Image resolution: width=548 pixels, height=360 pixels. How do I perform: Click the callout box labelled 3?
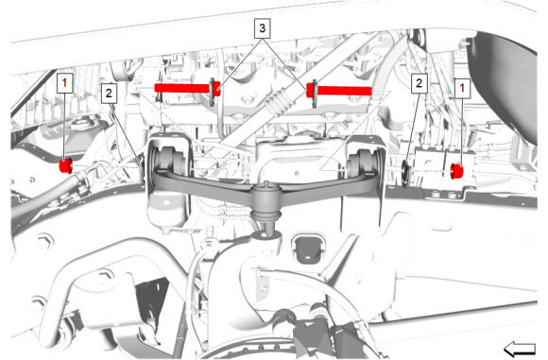262,28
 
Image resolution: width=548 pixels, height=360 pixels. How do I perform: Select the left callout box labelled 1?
64,83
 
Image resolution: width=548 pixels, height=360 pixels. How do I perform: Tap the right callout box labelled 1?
462,88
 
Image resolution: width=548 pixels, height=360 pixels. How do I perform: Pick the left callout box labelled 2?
109,94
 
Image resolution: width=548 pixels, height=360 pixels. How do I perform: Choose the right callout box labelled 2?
419,83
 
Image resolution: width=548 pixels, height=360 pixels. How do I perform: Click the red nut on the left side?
66,165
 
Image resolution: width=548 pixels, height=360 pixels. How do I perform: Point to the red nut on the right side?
456,171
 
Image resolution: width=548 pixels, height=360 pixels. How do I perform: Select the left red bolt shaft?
187,88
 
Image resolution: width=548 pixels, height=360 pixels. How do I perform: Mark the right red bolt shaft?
339,91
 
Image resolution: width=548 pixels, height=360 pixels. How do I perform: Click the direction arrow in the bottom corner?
520,349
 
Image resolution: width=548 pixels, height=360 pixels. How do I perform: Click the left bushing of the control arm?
170,160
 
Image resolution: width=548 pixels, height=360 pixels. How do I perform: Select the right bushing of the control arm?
364,162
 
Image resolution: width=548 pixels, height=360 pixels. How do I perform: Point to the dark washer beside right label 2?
405,173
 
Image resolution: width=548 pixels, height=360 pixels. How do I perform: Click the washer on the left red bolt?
213,92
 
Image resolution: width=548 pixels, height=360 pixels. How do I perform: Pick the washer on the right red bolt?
315,94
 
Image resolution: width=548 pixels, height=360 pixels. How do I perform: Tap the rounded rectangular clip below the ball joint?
307,249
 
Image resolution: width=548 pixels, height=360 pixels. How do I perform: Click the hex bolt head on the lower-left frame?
44,241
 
